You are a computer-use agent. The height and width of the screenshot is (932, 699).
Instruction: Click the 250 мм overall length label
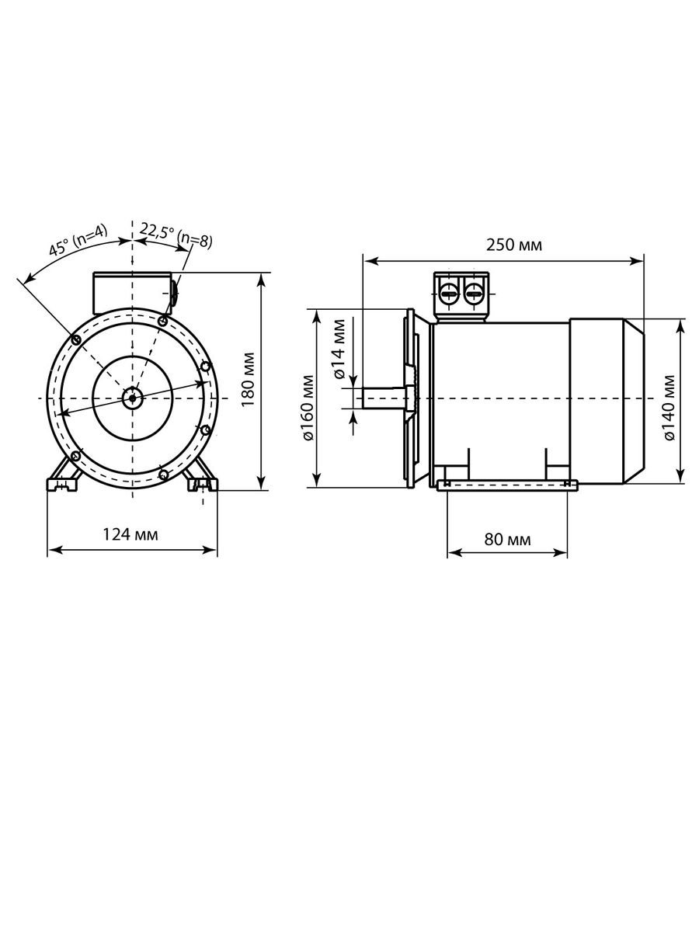pos(513,245)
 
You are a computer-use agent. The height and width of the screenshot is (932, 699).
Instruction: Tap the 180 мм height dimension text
pos(248,379)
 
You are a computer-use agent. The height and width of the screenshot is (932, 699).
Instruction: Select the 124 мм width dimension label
pos(130,534)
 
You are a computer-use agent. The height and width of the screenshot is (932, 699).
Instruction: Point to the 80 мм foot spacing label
pos(507,539)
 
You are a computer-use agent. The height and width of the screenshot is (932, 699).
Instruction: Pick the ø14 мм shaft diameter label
pos(339,349)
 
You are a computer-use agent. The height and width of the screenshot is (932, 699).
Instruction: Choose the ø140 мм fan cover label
pos(669,408)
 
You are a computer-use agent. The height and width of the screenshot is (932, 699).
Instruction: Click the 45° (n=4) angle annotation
pos(78,240)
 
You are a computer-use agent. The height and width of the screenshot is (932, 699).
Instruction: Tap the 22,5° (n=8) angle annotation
pos(176,235)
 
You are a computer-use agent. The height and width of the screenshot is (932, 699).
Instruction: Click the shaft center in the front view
pos(133,398)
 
